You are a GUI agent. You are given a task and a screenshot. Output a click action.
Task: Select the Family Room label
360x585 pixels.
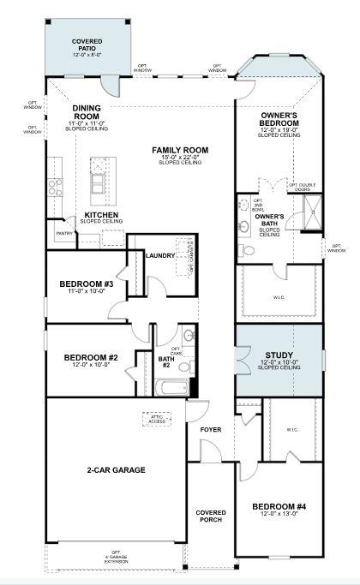coord(180,151)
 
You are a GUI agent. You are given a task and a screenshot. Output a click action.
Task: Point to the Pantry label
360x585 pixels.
coord(63,233)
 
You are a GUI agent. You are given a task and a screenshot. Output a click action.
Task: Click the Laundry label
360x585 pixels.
coord(160,255)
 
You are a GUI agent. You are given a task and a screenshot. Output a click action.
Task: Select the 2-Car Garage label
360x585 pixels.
coord(116,469)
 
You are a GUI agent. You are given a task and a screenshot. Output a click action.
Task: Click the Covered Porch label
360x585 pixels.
coord(211,516)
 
